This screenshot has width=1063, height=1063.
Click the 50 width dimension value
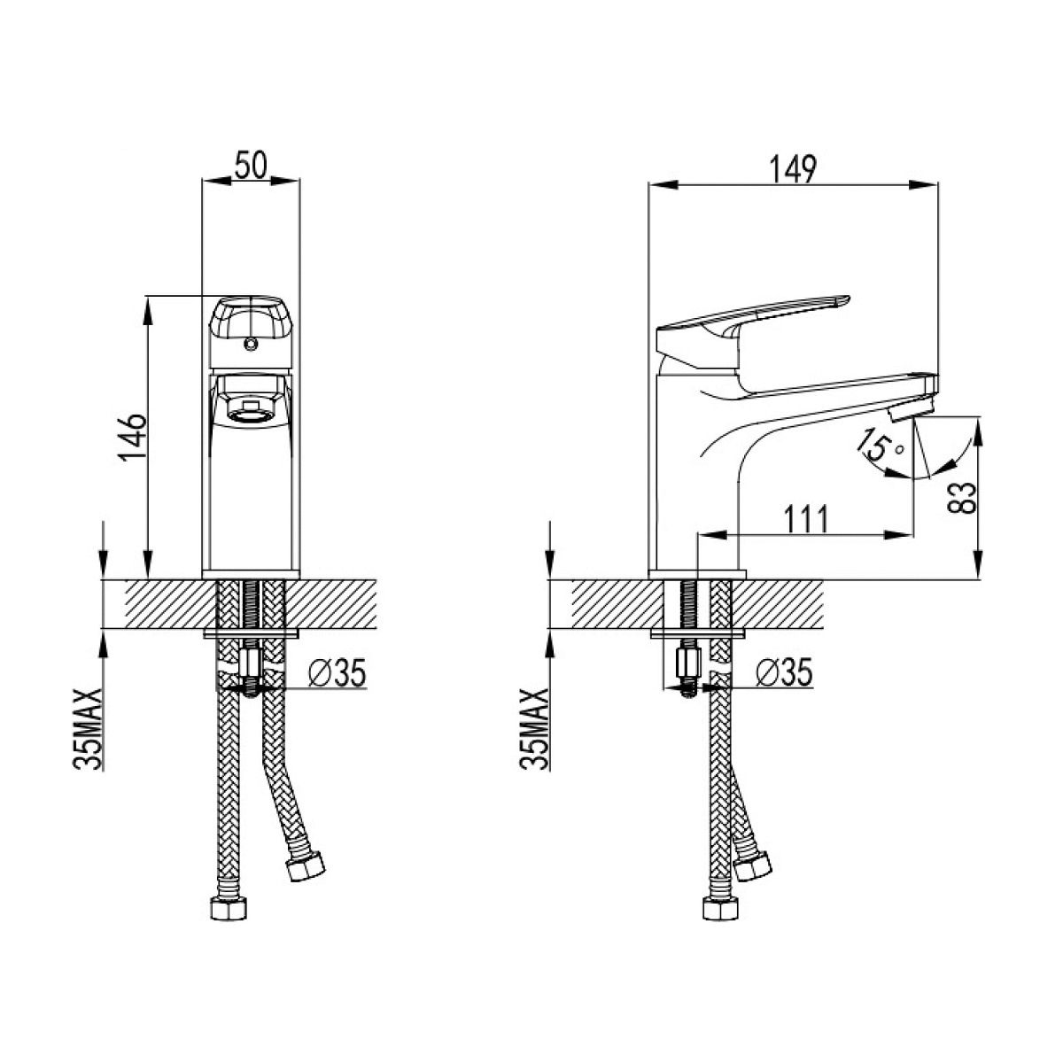(251, 164)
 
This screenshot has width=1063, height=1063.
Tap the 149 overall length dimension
(793, 169)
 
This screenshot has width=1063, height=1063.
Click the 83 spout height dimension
(963, 498)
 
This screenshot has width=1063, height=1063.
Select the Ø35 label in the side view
(784, 672)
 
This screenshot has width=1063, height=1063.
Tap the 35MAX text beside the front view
(87, 728)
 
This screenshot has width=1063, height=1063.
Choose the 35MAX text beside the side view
(533, 728)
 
